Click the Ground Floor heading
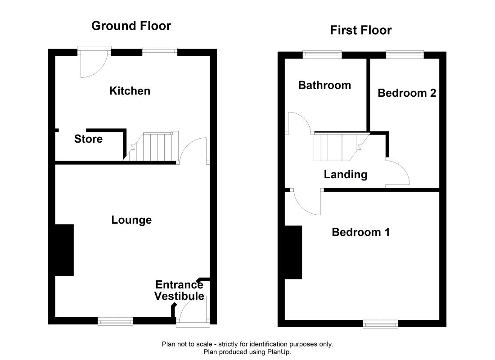(x=131, y=26)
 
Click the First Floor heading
(x=361, y=30)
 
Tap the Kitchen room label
(x=130, y=91)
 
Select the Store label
(x=88, y=139)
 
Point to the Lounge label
(x=132, y=220)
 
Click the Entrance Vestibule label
(x=179, y=291)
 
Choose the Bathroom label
(x=324, y=85)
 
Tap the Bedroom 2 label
(x=407, y=93)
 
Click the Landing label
(x=346, y=175)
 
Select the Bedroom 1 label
(x=361, y=232)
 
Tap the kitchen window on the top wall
(x=160, y=52)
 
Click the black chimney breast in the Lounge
(x=64, y=250)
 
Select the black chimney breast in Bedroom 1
(x=293, y=252)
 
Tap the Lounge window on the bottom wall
(x=115, y=321)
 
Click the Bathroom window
(x=322, y=54)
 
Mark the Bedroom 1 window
(x=380, y=324)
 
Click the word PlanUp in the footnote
(x=279, y=352)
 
